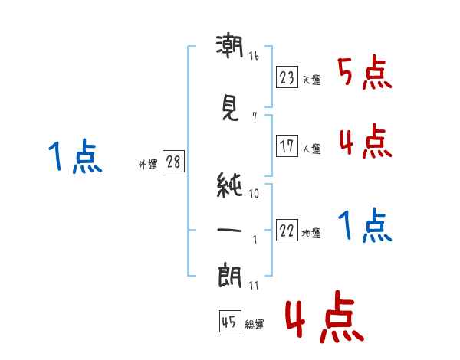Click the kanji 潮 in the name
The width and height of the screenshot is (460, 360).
pyautogui.click(x=230, y=46)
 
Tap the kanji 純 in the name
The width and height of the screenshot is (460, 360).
pyautogui.click(x=229, y=185)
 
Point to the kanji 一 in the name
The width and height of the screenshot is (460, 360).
pyautogui.click(x=229, y=230)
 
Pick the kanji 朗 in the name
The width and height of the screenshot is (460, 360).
pyautogui.click(x=230, y=277)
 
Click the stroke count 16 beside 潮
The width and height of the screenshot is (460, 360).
pyautogui.click(x=254, y=56)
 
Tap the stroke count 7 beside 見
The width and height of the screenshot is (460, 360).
pyautogui.click(x=255, y=116)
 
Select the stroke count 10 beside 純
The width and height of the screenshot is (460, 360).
pyautogui.click(x=254, y=194)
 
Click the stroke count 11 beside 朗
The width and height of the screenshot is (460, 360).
pyautogui.click(x=254, y=286)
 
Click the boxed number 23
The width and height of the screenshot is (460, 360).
pyautogui.click(x=287, y=77)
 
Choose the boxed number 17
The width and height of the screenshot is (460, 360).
pyautogui.click(x=287, y=146)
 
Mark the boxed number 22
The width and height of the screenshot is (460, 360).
pyautogui.click(x=287, y=230)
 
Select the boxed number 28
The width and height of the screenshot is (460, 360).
pyautogui.click(x=173, y=162)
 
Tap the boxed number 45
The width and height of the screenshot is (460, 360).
pyautogui.click(x=230, y=321)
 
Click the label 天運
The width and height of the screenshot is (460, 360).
pyautogui.click(x=312, y=80)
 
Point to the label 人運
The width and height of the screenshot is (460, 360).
pyautogui.click(x=312, y=149)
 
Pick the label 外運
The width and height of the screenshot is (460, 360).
pyautogui.click(x=148, y=165)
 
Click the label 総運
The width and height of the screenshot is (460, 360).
pyautogui.click(x=255, y=325)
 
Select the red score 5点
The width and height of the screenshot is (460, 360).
pyautogui.click(x=365, y=72)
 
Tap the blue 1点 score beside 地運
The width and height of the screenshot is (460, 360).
pyautogui.click(x=365, y=225)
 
